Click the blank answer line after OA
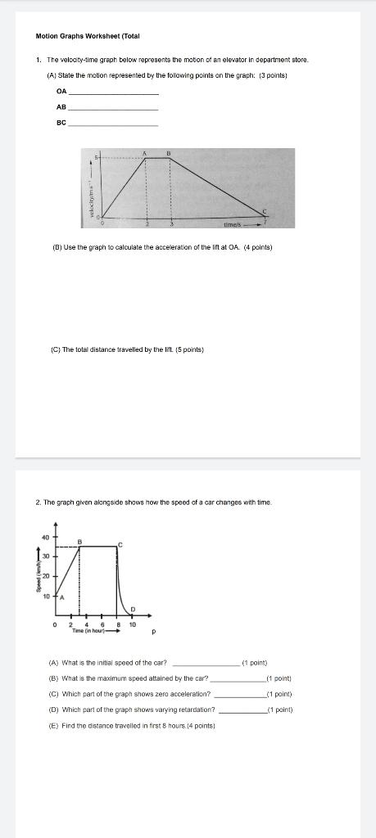[112, 94]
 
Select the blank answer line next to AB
[112, 110]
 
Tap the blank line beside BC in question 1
[112, 124]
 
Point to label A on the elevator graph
[145, 154]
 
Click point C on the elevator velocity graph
[264, 212]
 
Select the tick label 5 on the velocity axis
[96, 157]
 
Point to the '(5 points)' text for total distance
[188, 349]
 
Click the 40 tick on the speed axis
[46, 537]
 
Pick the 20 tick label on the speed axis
[46, 577]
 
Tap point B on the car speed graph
[80, 541]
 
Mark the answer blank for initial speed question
[206, 664]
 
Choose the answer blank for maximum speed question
[238, 679]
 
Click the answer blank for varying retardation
[242, 710]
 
